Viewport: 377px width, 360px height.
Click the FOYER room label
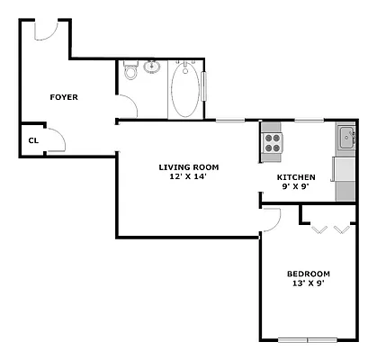coord(63,96)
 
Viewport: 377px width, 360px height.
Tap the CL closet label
coord(32,139)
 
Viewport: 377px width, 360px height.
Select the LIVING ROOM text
coord(188,166)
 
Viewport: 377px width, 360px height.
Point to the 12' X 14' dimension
coord(188,176)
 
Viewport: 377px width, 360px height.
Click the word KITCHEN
coord(296,176)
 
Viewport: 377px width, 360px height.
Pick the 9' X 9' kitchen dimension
coord(296,187)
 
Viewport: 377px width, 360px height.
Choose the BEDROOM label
coord(308,274)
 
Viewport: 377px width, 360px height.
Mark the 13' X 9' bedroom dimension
coord(308,283)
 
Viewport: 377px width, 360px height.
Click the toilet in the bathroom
coord(130,72)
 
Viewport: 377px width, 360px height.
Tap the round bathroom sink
coord(152,66)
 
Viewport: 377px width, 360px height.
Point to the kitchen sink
coord(346,138)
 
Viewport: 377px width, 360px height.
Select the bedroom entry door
coord(272,217)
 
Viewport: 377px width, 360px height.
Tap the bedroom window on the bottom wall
coord(307,339)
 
